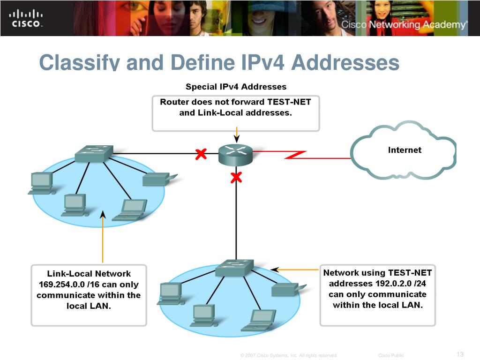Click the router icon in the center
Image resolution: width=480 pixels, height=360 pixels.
pyautogui.click(x=235, y=154)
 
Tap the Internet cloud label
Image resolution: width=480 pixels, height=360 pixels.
pyautogui.click(x=405, y=150)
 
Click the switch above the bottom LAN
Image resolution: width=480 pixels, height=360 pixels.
pyautogui.click(x=234, y=268)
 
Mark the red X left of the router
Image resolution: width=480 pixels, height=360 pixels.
pyautogui.click(x=201, y=154)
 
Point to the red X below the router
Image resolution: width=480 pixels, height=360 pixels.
pyautogui.click(x=236, y=177)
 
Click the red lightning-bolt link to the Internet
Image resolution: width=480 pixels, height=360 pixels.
pyautogui.click(x=295, y=155)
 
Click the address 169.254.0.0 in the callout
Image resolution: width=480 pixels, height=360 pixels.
pyautogui.click(x=59, y=285)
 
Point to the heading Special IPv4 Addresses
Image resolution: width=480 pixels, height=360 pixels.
pyautogui.click(x=236, y=87)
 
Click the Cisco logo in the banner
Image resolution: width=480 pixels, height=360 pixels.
pyautogui.click(x=26, y=18)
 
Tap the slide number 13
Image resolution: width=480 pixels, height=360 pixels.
pyautogui.click(x=459, y=354)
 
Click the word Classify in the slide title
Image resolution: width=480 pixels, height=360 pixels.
pyautogui.click(x=75, y=62)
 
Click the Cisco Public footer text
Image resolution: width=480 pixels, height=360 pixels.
pyautogui.click(x=390, y=355)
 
